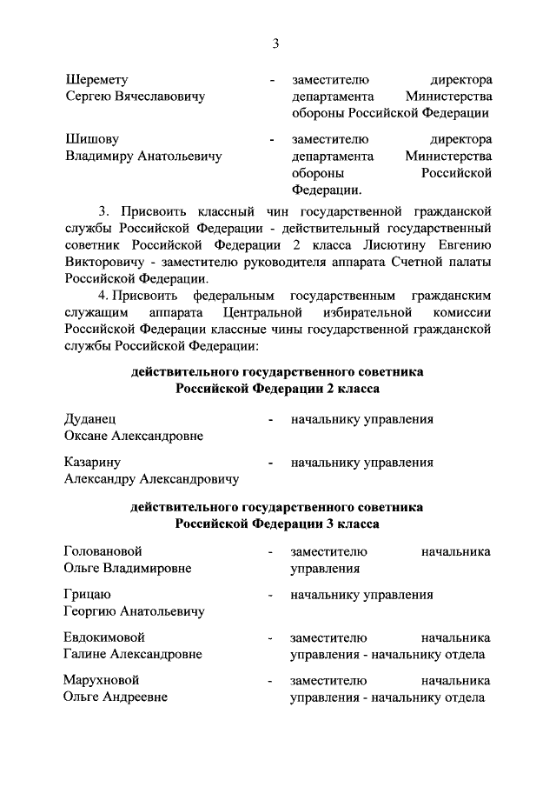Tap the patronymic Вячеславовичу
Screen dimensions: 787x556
pos(159,97)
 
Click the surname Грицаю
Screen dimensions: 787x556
pos(87,595)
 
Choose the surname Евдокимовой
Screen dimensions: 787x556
pos(104,637)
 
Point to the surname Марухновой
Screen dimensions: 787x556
pos(102,679)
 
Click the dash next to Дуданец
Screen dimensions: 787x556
pos(272,421)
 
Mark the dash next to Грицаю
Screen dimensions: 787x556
pos(272,596)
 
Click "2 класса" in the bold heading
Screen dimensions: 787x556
pos(354,389)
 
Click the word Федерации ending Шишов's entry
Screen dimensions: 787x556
pos(326,189)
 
